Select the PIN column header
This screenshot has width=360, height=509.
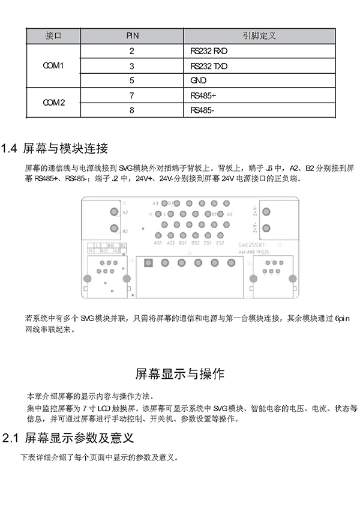tap(132, 36)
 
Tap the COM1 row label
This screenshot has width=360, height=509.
tap(53, 65)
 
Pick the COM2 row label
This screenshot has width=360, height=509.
tap(53, 103)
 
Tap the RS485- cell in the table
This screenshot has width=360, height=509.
tap(202, 110)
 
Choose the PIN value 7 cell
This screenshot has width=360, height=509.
tap(131, 95)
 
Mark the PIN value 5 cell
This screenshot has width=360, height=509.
tap(131, 80)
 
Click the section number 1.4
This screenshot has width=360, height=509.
tap(10, 148)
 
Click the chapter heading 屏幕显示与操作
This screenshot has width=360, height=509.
tap(180, 374)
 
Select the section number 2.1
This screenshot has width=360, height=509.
tap(10, 438)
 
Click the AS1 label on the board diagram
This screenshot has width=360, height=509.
tap(158, 243)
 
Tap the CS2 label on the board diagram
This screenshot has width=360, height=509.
tap(220, 243)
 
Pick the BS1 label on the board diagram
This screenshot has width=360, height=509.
tap(183, 243)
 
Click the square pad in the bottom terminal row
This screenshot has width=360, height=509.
tap(148, 262)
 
